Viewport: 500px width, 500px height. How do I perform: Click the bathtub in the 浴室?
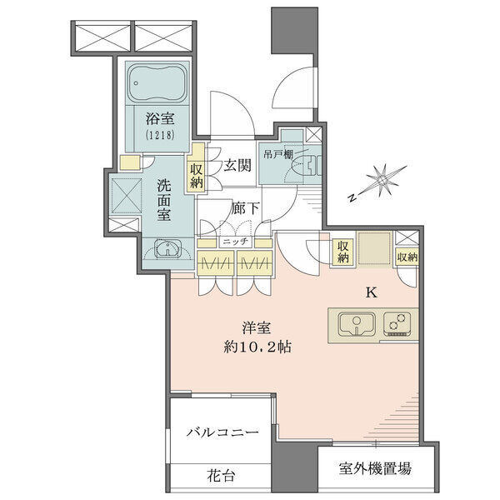click(157, 82)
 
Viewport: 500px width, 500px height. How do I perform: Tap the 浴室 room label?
click(160, 119)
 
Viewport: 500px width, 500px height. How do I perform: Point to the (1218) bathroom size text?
click(160, 136)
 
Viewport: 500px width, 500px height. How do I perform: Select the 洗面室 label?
click(163, 201)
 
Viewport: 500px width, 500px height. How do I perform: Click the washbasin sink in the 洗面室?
click(167, 248)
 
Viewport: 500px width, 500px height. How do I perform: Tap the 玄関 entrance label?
click(237, 166)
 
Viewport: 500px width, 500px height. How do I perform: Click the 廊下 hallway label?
click(245, 208)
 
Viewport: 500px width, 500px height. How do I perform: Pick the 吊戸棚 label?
click(278, 155)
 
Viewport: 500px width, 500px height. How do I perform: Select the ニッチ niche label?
click(235, 242)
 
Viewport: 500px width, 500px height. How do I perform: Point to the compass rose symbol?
click(381, 182)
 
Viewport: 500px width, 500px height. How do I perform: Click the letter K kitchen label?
click(372, 293)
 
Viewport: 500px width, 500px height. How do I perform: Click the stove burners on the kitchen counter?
click(397, 322)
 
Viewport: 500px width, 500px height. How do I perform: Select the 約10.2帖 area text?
click(257, 347)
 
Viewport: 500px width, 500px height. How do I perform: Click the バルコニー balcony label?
click(222, 432)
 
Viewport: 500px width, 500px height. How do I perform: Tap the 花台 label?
click(221, 476)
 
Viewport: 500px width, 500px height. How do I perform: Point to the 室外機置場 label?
click(375, 468)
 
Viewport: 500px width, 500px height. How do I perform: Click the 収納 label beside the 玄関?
click(197, 176)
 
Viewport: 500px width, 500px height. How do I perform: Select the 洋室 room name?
click(257, 328)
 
